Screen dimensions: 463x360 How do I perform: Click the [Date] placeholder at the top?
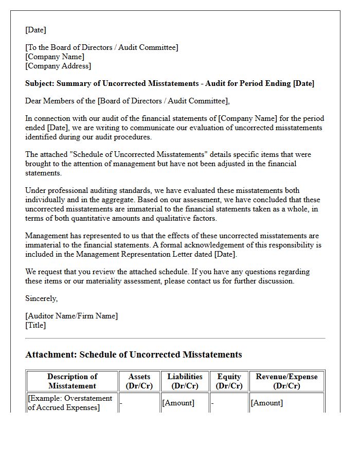tap(35, 30)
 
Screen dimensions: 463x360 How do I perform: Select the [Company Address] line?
tap(58, 66)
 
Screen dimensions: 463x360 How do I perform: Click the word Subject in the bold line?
tap(39, 83)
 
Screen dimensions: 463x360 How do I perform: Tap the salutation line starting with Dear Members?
tap(128, 101)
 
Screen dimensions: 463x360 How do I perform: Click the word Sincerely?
tap(41, 298)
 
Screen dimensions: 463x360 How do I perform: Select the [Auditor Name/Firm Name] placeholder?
tap(71, 316)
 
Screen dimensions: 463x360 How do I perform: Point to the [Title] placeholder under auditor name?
tap(35, 325)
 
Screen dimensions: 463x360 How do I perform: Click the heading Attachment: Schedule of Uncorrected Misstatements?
tap(133, 354)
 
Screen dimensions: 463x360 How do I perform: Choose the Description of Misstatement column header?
tap(72, 381)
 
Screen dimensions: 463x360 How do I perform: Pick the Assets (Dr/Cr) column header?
tap(139, 381)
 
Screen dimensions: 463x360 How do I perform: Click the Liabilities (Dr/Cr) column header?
tap(185, 381)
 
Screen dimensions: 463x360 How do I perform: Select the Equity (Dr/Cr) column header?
tap(229, 381)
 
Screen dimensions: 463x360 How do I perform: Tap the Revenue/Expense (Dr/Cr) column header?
tap(286, 381)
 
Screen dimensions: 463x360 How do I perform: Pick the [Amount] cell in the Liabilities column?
tap(178, 403)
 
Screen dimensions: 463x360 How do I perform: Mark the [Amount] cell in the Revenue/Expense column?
tap(266, 403)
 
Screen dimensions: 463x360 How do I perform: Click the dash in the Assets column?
tap(121, 403)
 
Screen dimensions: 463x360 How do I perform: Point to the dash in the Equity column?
tap(212, 403)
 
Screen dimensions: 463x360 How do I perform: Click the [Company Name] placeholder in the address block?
tap(55, 57)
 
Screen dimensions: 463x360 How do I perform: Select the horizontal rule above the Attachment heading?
tap(175, 338)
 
